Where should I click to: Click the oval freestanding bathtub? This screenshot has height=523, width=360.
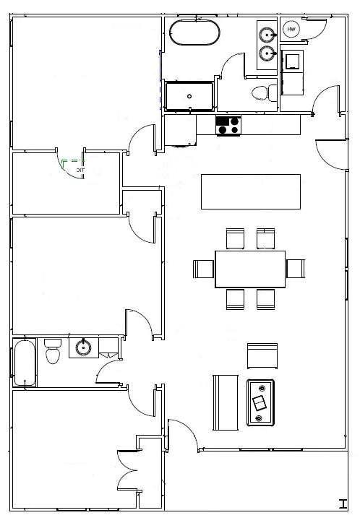(x=194, y=33)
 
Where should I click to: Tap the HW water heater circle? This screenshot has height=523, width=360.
(x=291, y=29)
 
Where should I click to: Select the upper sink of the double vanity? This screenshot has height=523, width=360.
(x=267, y=33)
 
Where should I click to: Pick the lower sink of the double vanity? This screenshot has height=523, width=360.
(x=267, y=53)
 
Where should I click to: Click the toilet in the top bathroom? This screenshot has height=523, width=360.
(x=262, y=92)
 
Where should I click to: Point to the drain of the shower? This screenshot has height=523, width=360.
(x=189, y=95)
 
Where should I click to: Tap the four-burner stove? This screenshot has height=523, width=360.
(x=228, y=126)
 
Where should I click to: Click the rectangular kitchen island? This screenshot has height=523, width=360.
(x=250, y=191)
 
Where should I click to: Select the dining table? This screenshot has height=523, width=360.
(x=250, y=269)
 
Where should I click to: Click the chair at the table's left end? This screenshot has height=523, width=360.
(x=203, y=269)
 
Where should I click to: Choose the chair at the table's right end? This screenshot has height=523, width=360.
(x=296, y=269)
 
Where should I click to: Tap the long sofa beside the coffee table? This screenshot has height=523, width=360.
(x=224, y=402)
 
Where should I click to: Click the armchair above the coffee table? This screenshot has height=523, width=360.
(x=262, y=355)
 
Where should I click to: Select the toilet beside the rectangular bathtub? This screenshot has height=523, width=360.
(x=52, y=353)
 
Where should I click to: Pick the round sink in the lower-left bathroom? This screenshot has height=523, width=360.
(x=83, y=348)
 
